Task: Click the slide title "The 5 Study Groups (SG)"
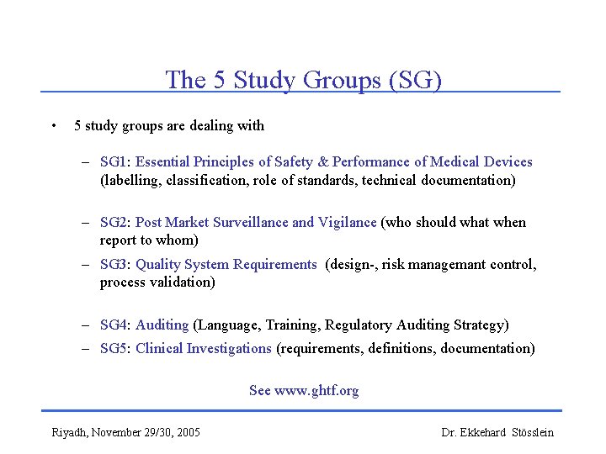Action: [x=303, y=79]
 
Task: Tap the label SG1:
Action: [x=115, y=161]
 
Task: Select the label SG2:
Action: [x=115, y=222]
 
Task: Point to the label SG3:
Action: [x=115, y=264]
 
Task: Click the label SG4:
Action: [x=115, y=325]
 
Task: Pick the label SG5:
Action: [x=115, y=348]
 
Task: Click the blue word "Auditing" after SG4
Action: [x=162, y=325]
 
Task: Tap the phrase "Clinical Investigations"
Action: [x=203, y=348]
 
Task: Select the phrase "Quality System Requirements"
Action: [x=226, y=264]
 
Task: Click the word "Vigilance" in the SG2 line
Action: [x=347, y=222]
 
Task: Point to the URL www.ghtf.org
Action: [x=316, y=390]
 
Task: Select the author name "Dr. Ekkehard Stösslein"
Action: [x=497, y=432]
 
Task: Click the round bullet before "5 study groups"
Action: [x=53, y=126]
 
